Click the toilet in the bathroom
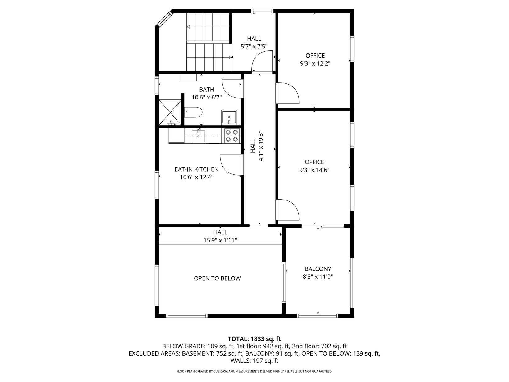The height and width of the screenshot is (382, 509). [193, 112]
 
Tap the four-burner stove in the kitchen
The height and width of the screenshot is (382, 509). [232, 136]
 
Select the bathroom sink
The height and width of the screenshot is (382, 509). [229, 117]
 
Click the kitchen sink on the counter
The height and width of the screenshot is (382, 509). [199, 136]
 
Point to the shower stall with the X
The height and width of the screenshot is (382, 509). [170, 113]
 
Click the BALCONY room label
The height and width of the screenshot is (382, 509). [318, 269]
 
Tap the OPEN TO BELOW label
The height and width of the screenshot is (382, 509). [217, 278]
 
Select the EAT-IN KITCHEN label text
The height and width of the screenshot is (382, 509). [196, 169]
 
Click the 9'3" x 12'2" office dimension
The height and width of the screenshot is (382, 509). [315, 63]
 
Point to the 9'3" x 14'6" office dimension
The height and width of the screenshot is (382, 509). [314, 170]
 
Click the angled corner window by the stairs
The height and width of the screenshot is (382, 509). [165, 19]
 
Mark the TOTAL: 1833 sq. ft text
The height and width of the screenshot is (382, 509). [254, 339]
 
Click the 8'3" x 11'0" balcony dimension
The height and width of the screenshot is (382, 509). [318, 277]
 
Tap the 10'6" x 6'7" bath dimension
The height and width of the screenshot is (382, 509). [207, 97]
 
